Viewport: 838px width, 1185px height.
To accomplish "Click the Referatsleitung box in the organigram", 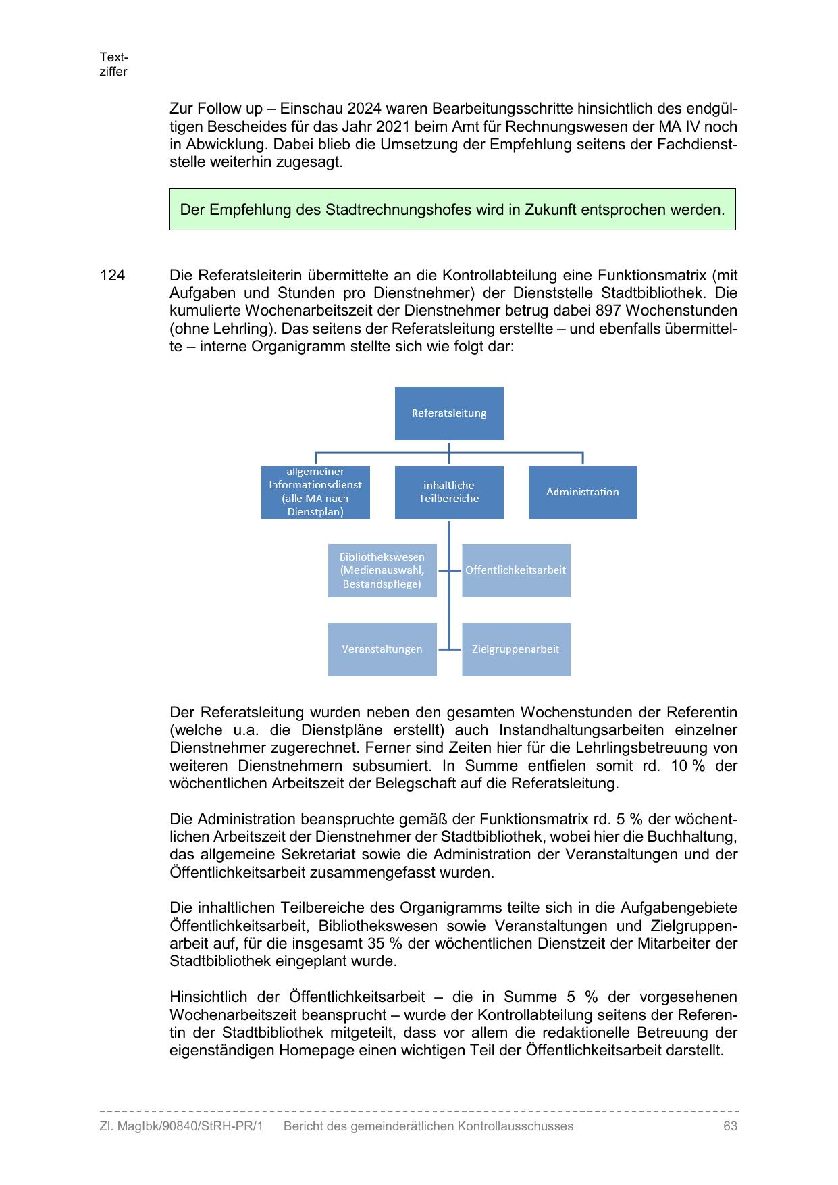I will tap(449, 413).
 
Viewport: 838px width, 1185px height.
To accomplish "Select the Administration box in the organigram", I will tap(582, 492).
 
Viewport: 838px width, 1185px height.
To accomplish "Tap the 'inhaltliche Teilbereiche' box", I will tap(449, 492).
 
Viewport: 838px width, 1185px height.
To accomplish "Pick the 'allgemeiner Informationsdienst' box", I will tap(315, 492).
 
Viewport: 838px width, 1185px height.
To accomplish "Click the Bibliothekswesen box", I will tap(382, 570).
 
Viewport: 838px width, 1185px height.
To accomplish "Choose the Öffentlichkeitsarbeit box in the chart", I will tap(516, 570).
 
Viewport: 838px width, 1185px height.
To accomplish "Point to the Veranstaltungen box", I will tap(382, 649).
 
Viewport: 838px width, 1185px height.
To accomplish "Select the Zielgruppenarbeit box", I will tap(516, 649).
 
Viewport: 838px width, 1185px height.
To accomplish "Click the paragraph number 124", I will tap(112, 276).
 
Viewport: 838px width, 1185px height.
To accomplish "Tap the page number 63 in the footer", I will tap(730, 1126).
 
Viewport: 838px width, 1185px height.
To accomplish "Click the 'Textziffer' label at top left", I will tap(113, 65).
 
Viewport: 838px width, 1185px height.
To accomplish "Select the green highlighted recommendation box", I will tap(452, 209).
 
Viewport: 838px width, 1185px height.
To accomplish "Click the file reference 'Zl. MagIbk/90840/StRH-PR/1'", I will tap(181, 1126).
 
